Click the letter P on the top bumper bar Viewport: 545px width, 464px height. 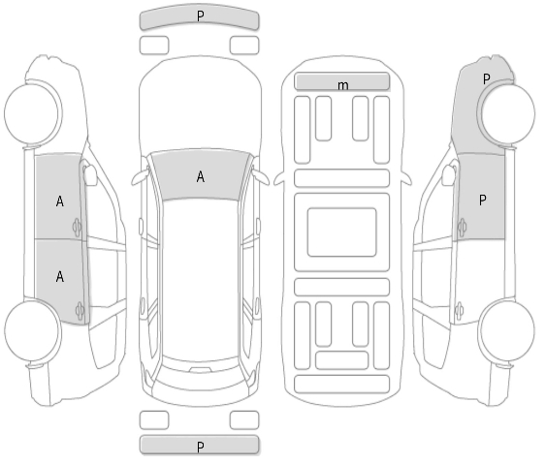pyautogui.click(x=200, y=15)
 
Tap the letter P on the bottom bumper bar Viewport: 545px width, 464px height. pyautogui.click(x=200, y=447)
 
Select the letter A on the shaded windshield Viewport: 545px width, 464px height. pyautogui.click(x=201, y=176)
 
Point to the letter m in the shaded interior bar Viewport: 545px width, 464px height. pyautogui.click(x=342, y=85)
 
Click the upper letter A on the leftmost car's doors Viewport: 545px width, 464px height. pyautogui.click(x=60, y=201)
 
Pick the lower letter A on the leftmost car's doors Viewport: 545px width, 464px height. pyautogui.click(x=60, y=277)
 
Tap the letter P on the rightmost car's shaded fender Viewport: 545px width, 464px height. pyautogui.click(x=487, y=79)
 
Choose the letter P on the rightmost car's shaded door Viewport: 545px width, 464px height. pyautogui.click(x=482, y=201)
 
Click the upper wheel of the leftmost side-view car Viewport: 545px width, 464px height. pyautogui.click(x=32, y=114)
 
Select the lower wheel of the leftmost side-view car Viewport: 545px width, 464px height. pyautogui.click(x=32, y=330)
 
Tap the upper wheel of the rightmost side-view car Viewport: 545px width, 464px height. pyautogui.click(x=508, y=114)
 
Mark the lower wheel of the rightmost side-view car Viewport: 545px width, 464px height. pyautogui.click(x=508, y=330)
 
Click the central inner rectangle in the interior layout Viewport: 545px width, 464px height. pyautogui.click(x=342, y=232)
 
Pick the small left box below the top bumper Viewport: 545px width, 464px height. pyautogui.click(x=154, y=46)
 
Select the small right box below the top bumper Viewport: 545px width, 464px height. pyautogui.click(x=244, y=46)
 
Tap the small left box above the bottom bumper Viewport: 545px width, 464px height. pyautogui.click(x=154, y=420)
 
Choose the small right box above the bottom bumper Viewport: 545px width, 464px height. pyautogui.click(x=244, y=420)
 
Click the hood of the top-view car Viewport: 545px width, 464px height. pyautogui.click(x=201, y=105)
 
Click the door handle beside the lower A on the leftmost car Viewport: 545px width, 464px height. pyautogui.click(x=80, y=311)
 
